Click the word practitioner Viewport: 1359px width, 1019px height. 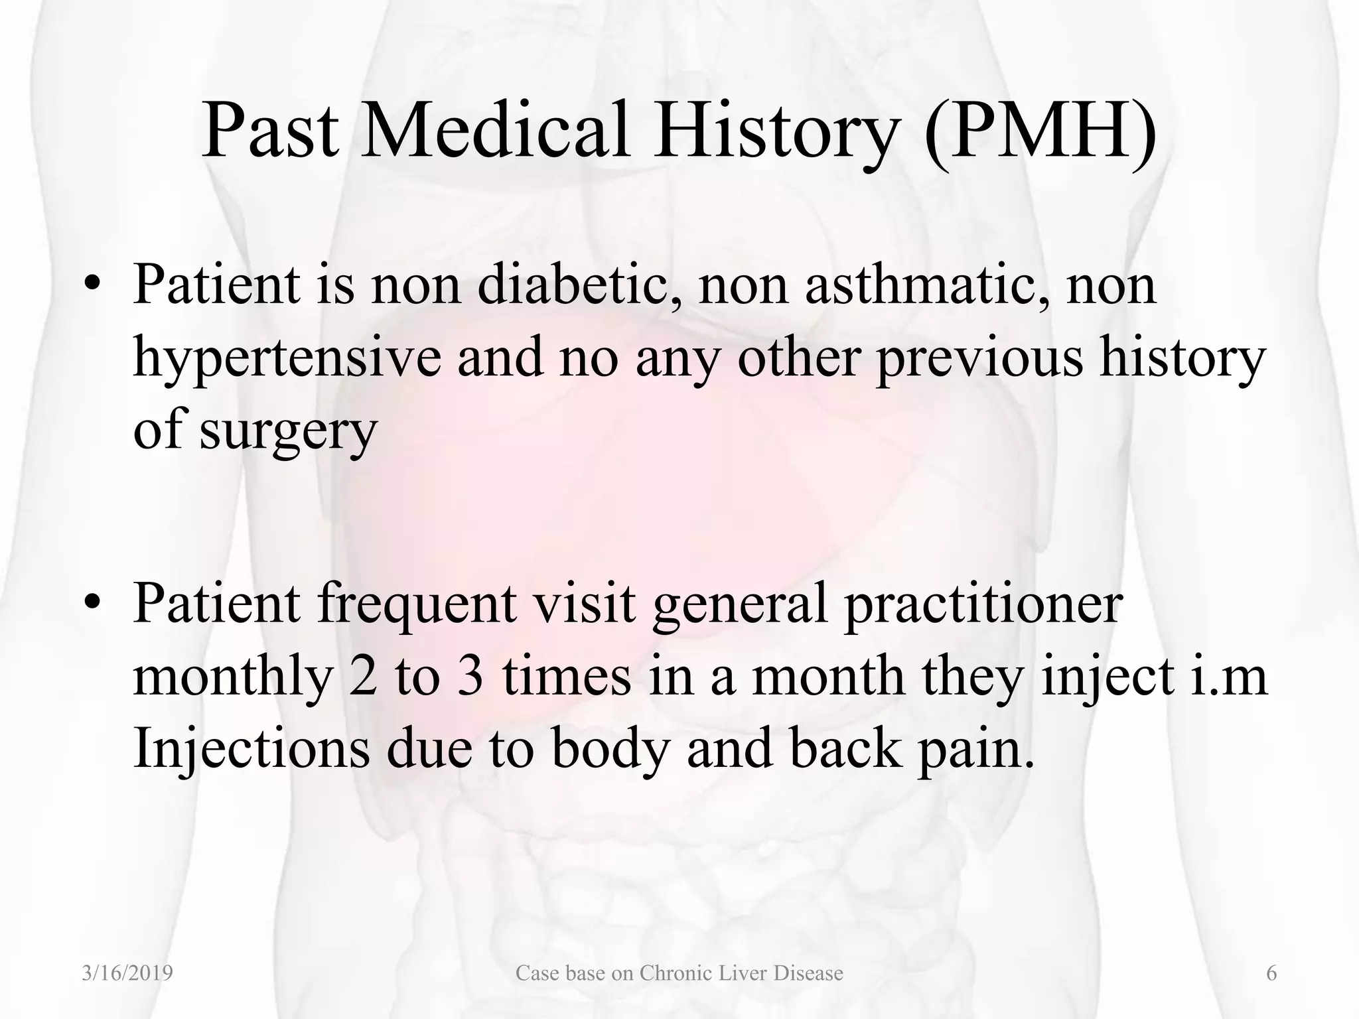[x=983, y=604]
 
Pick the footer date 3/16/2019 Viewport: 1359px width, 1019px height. [x=127, y=973]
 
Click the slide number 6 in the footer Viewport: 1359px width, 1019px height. [x=1271, y=973]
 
